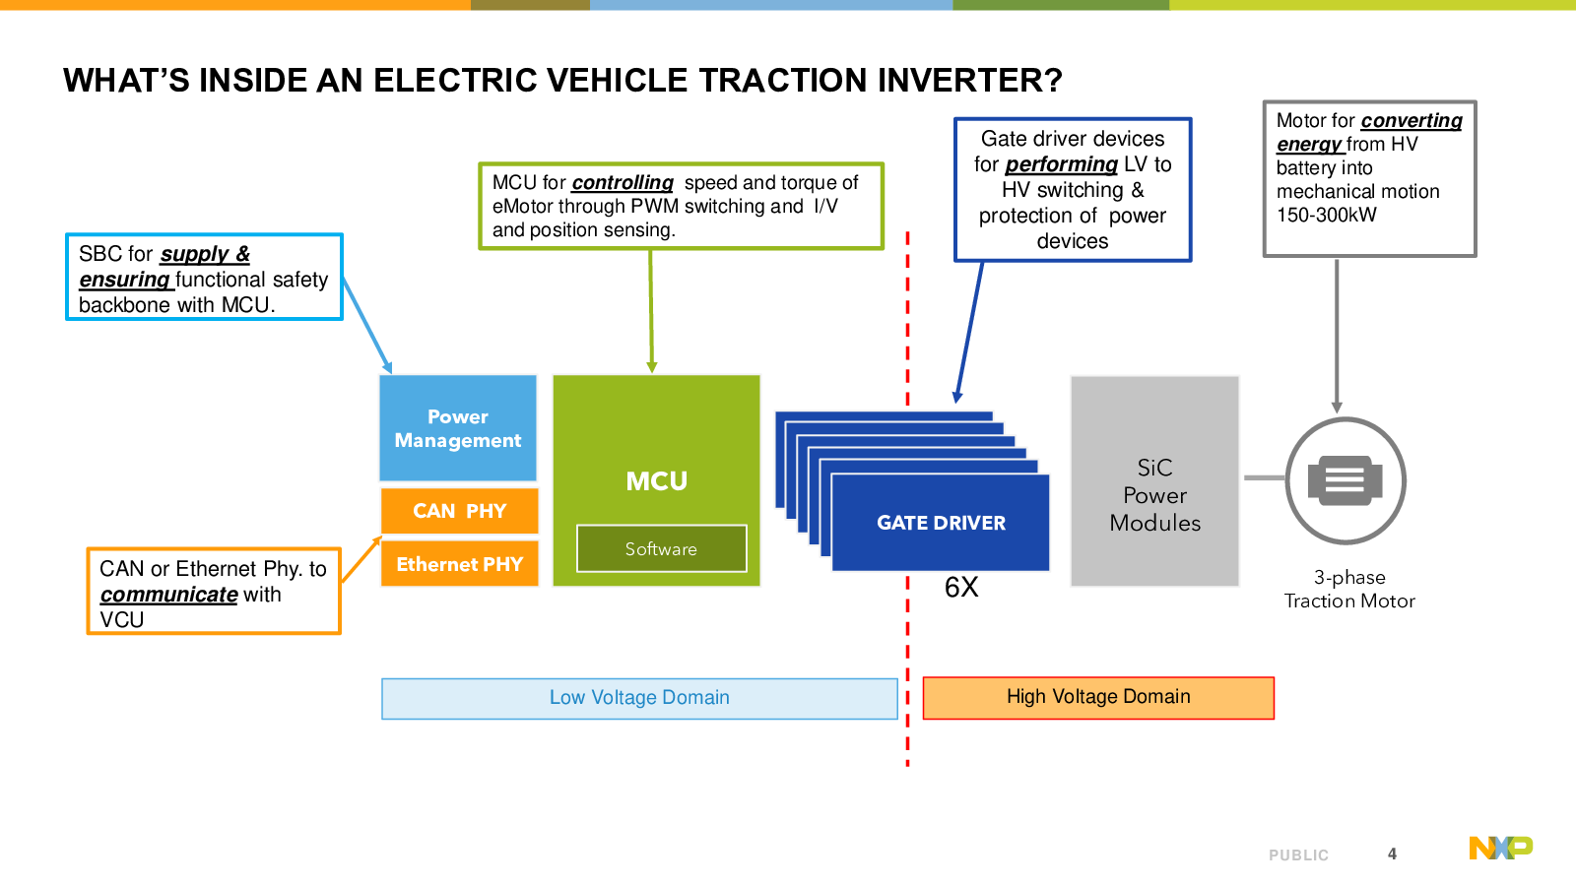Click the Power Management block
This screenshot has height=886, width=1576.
point(458,427)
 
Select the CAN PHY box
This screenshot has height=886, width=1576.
point(459,511)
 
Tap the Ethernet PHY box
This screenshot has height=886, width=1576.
point(459,564)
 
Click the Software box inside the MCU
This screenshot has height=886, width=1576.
point(661,548)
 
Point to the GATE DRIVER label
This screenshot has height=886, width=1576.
point(941,523)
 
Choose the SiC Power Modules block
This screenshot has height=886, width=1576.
point(1154,481)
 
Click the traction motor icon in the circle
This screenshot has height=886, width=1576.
point(1346,481)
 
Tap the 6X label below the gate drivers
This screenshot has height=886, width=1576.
point(961,587)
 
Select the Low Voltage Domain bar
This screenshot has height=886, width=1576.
point(639,698)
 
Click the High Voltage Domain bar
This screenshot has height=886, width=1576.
point(1098,698)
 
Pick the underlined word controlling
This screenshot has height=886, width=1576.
point(623,183)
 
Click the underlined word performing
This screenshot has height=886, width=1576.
point(1062,164)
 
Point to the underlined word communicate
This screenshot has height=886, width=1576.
point(168,595)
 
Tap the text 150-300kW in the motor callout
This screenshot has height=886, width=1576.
point(1326,216)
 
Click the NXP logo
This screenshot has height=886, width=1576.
point(1501,848)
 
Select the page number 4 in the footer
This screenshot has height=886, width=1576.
point(1392,854)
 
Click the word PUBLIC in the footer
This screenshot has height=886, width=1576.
point(1299,855)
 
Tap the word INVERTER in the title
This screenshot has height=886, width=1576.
point(969,80)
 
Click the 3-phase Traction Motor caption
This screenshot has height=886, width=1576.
point(1349,590)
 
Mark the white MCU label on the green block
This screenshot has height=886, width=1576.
point(656,481)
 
